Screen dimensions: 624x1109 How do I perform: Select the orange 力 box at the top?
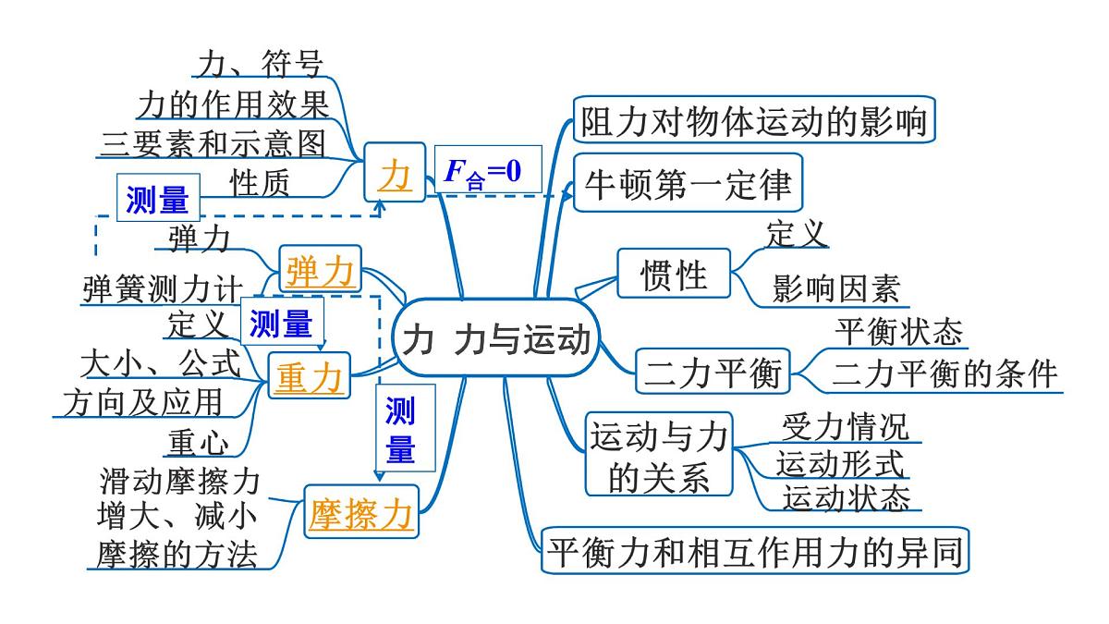click(395, 172)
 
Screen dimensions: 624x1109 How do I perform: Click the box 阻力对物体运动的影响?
click(754, 120)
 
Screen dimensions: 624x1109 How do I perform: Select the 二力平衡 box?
click(713, 373)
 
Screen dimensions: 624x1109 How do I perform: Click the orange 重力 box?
click(310, 377)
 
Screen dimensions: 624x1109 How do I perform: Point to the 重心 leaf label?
click(198, 443)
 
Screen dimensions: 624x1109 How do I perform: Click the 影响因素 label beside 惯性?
click(836, 289)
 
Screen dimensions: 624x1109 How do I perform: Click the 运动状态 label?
click(846, 496)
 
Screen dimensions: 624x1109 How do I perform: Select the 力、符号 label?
click(260, 65)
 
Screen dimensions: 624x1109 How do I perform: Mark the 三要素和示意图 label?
click(213, 144)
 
